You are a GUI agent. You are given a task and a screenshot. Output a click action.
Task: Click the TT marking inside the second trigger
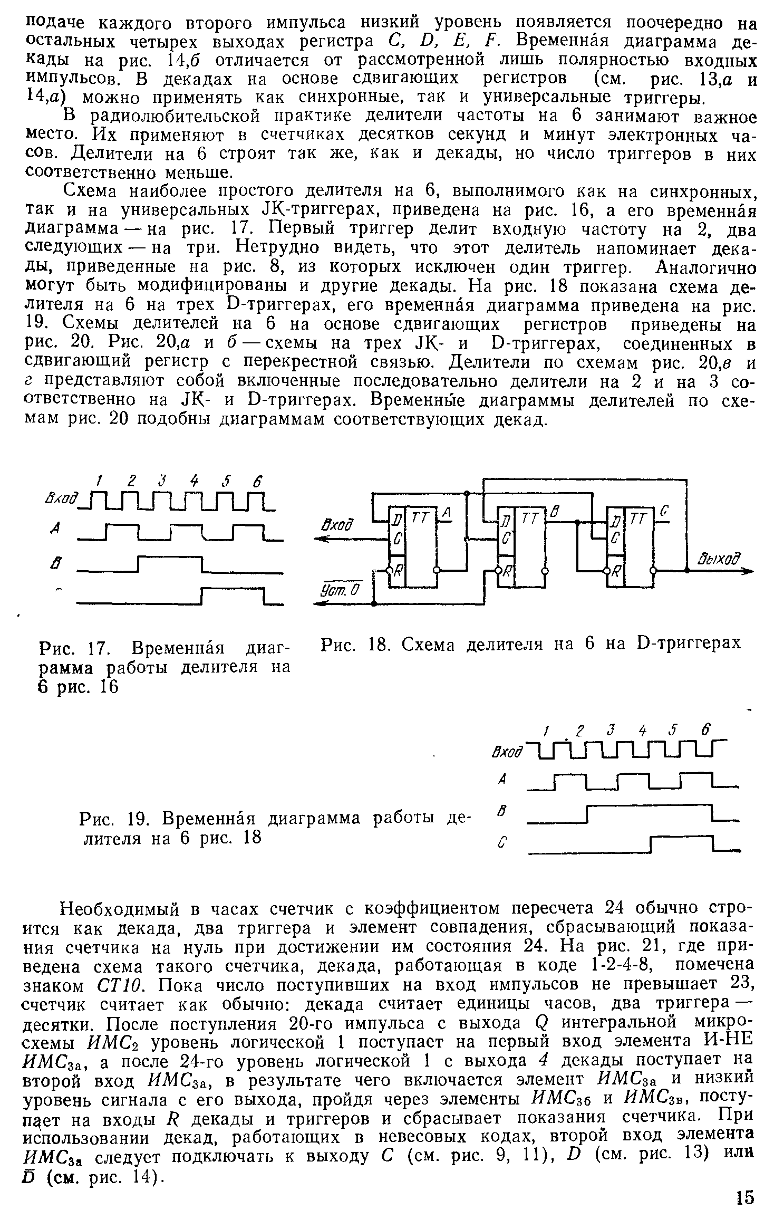tap(529, 518)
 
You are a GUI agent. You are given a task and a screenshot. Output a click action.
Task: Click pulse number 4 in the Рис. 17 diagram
tap(195, 481)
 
